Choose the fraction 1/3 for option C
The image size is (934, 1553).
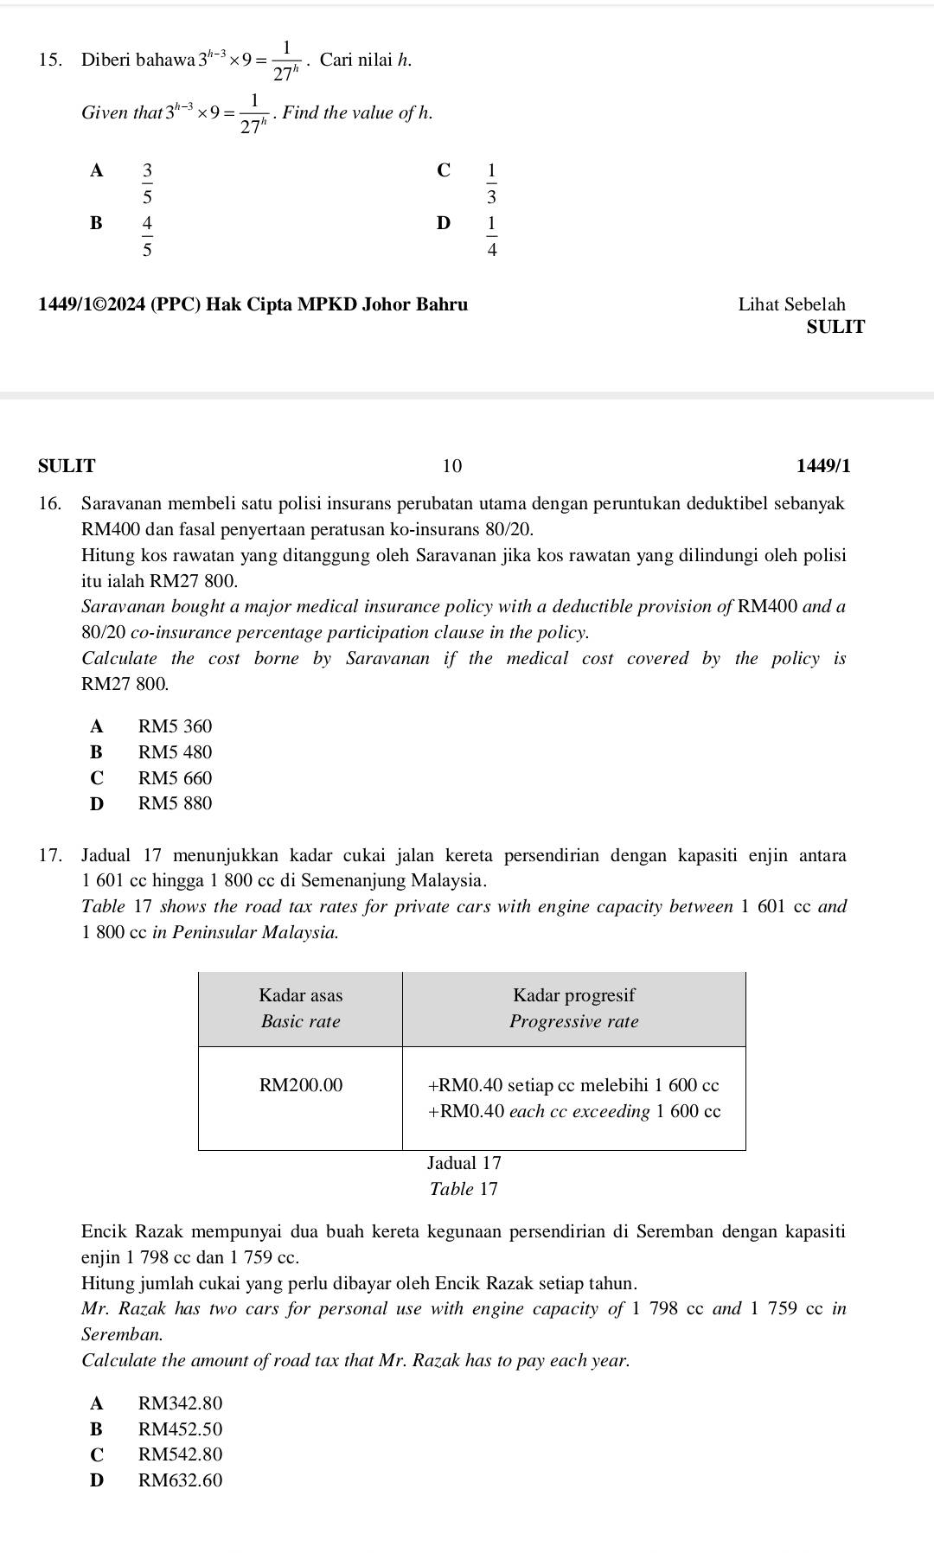(491, 182)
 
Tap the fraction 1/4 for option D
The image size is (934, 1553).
(491, 236)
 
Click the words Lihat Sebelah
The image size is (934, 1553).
(791, 304)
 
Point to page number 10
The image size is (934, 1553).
(452, 466)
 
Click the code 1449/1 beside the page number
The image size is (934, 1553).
(822, 466)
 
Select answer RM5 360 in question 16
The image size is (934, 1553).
(175, 726)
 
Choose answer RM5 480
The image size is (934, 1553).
(175, 752)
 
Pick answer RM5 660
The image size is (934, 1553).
(175, 778)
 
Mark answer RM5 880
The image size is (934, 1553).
(175, 803)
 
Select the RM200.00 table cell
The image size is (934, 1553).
(301, 1084)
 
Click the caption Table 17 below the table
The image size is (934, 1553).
(464, 1189)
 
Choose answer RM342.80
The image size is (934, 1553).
(180, 1403)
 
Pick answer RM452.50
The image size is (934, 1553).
(180, 1429)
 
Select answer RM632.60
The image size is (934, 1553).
(180, 1480)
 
